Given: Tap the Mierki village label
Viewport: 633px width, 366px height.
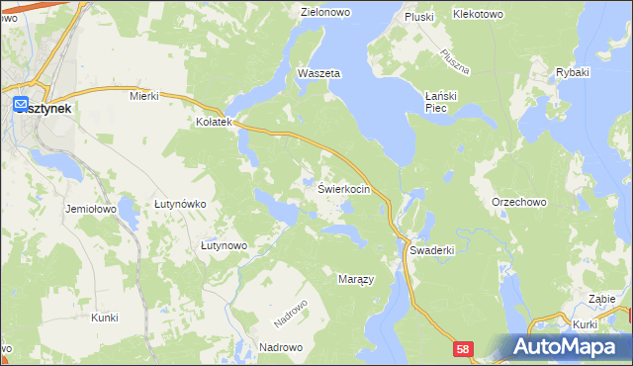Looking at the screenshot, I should pyautogui.click(x=144, y=97).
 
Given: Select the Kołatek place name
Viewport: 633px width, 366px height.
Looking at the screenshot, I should pyautogui.click(x=213, y=123).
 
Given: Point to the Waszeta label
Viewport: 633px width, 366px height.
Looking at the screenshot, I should pyautogui.click(x=319, y=74).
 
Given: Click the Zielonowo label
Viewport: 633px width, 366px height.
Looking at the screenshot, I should pyautogui.click(x=327, y=12).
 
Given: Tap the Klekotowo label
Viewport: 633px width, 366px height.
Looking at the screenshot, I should pyautogui.click(x=478, y=15).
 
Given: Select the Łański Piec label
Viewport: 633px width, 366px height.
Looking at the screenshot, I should pyautogui.click(x=436, y=101).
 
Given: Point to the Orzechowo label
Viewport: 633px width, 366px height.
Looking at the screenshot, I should pyautogui.click(x=519, y=202).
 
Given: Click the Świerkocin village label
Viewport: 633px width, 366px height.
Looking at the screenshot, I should pyautogui.click(x=344, y=189).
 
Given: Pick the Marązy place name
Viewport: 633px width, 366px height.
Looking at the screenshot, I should pyautogui.click(x=356, y=280).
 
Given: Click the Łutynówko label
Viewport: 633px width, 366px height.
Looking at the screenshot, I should pyautogui.click(x=180, y=204).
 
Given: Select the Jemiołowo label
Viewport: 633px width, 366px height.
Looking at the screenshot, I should pyautogui.click(x=91, y=210).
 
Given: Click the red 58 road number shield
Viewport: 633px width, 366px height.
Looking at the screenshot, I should pyautogui.click(x=463, y=349).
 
